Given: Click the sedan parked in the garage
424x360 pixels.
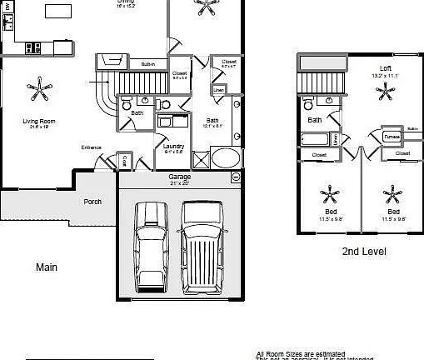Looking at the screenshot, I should [150, 242].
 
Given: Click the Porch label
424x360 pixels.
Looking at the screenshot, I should [92, 202].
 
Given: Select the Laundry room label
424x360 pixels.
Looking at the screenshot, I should [174, 147].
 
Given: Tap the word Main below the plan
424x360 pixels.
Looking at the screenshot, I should [46, 267].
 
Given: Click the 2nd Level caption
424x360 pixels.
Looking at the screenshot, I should [364, 251].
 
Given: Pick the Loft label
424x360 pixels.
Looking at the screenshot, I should [385, 68].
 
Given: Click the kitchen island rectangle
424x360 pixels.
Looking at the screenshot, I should [57, 11].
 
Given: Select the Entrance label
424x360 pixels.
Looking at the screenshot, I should [91, 147].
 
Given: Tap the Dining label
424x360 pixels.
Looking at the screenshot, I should [125, 2].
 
